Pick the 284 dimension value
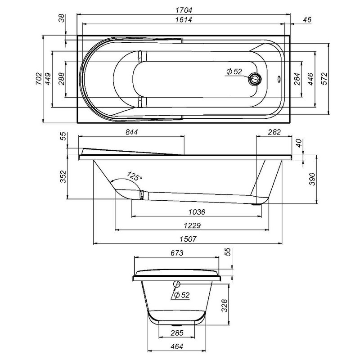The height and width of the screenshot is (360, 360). click(296, 79)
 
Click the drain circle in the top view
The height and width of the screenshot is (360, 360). click(255, 80)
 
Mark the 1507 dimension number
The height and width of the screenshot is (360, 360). click(187, 238)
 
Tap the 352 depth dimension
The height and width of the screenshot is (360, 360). click(63, 177)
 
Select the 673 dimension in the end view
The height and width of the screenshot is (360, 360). click(177, 253)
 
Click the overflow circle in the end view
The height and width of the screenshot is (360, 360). click(176, 284)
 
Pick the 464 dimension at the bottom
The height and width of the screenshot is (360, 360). click(177, 347)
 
